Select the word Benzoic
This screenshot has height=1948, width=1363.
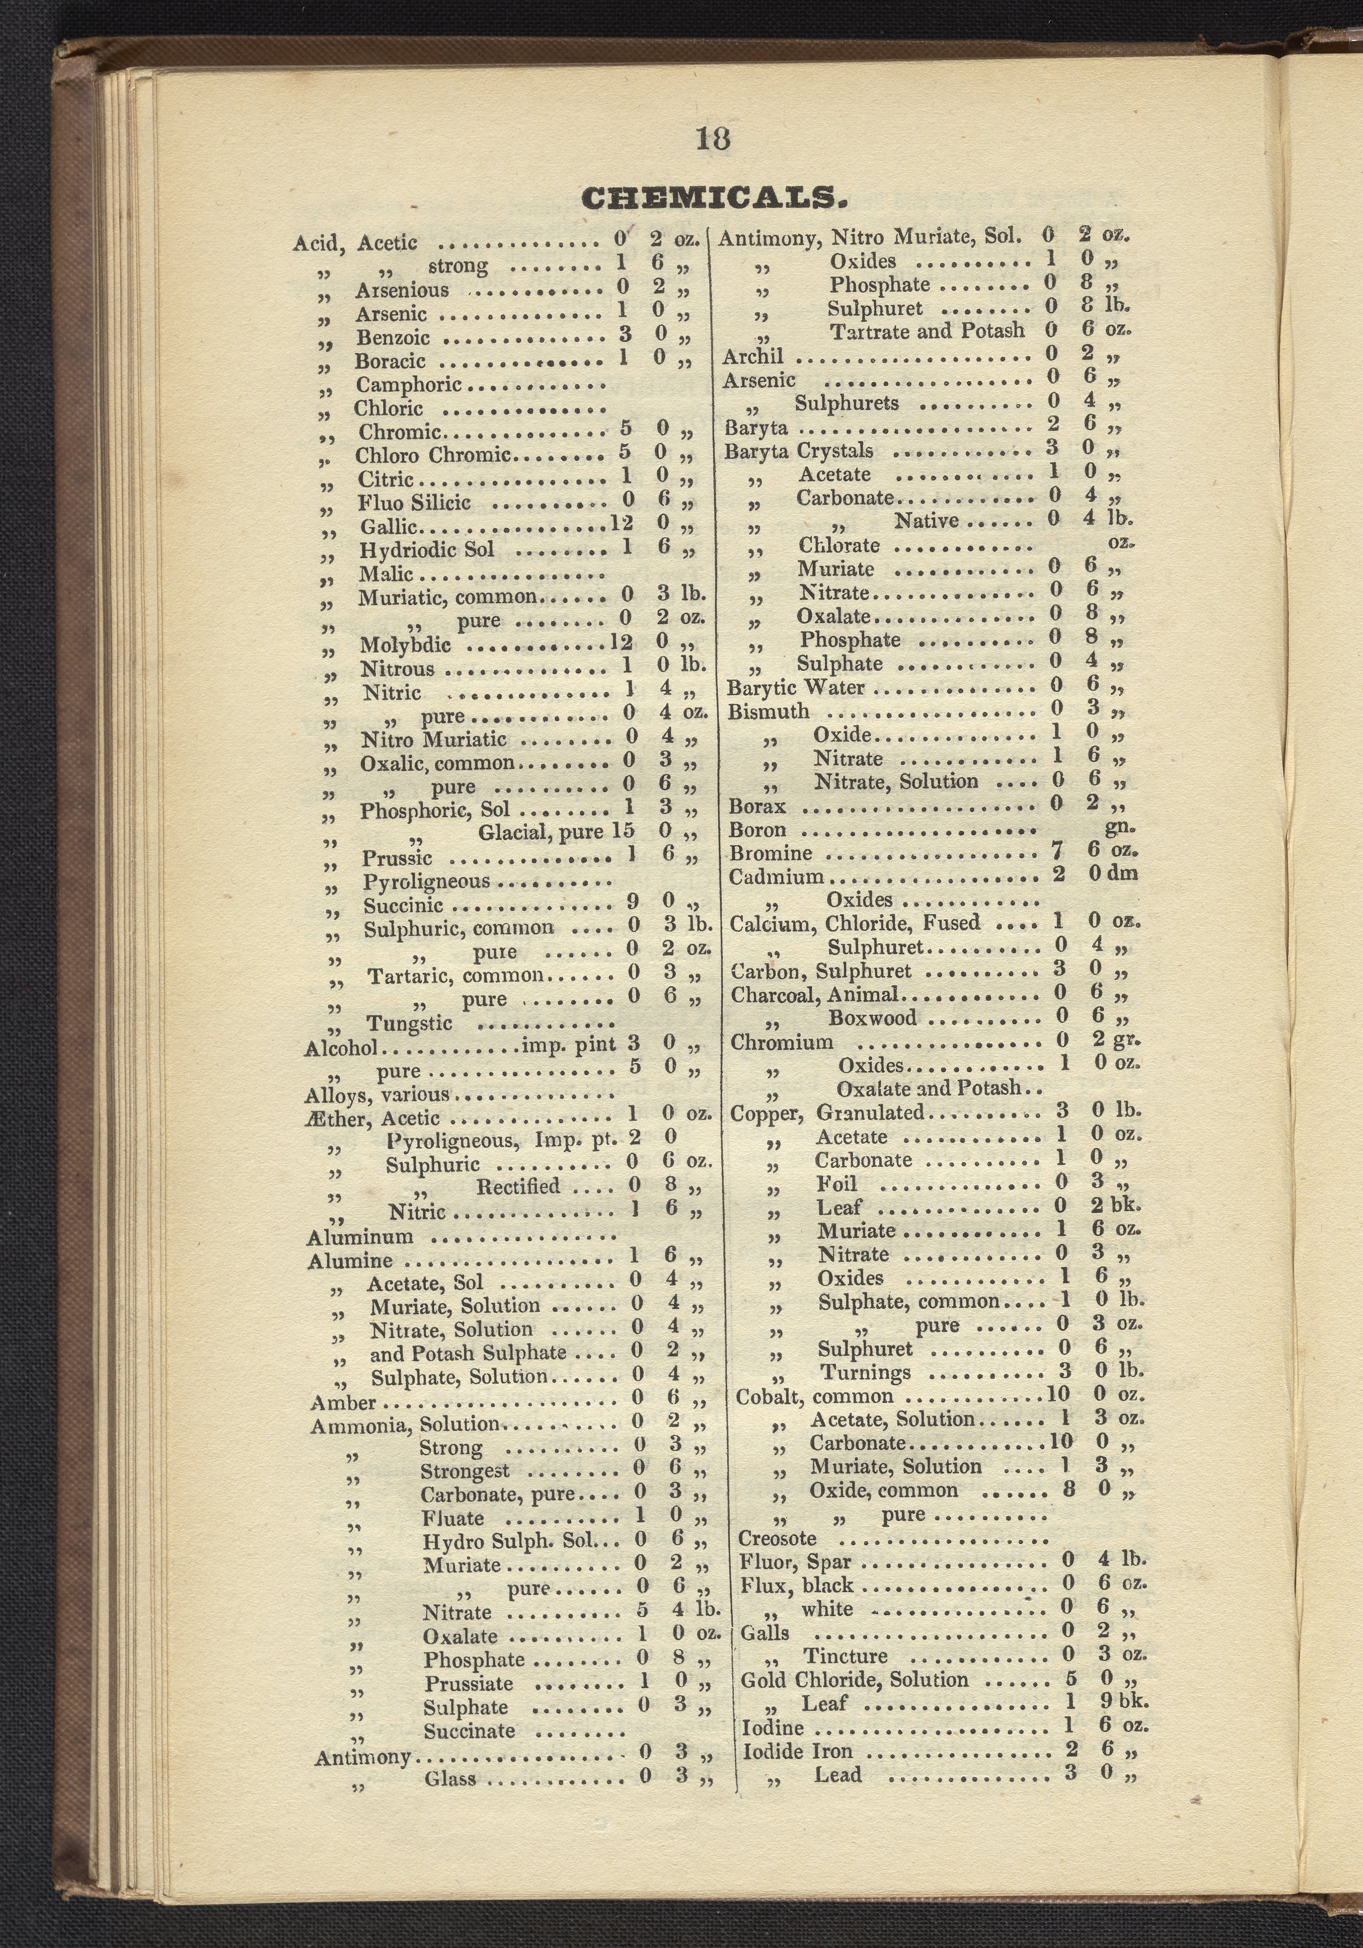coord(393,338)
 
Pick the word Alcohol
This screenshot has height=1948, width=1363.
coord(340,1048)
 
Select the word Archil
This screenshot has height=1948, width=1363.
coord(753,356)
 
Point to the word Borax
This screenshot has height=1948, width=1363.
coord(757,806)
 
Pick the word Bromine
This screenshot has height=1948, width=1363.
coord(771,854)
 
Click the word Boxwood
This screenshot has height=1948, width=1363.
coord(872,1018)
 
